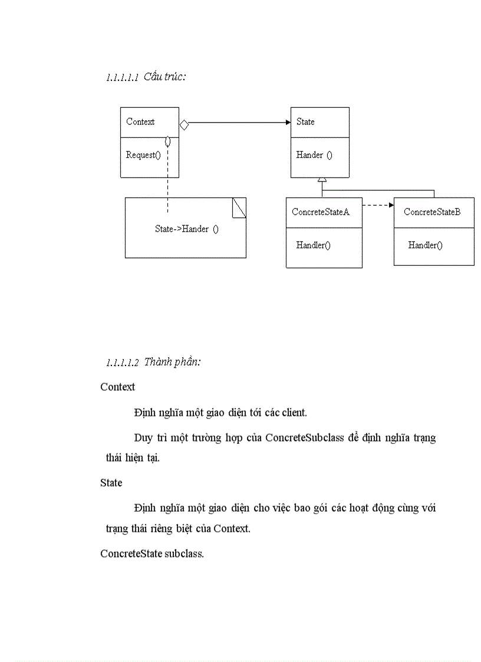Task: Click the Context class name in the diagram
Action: pyautogui.click(x=140, y=122)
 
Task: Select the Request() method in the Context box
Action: pyautogui.click(x=143, y=155)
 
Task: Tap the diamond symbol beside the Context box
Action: pyautogui.click(x=184, y=124)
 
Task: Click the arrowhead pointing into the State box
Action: pyautogui.click(x=288, y=123)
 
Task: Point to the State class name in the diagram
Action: pyautogui.click(x=305, y=122)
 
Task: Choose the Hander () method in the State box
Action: pyautogui.click(x=314, y=155)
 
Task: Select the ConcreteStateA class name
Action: pyautogui.click(x=321, y=212)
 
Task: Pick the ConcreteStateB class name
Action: pyautogui.click(x=432, y=212)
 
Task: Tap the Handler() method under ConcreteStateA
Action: pyautogui.click(x=313, y=245)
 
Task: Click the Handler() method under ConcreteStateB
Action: pyautogui.click(x=425, y=245)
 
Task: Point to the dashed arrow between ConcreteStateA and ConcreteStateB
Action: pyautogui.click(x=378, y=205)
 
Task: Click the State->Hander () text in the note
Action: pyautogui.click(x=186, y=229)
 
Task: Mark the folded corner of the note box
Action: pyautogui.click(x=239, y=207)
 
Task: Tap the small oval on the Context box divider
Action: pyautogui.click(x=168, y=141)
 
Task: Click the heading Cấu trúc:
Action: pyautogui.click(x=165, y=77)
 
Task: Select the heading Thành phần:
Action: pyautogui.click(x=172, y=362)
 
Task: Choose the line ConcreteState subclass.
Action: pyautogui.click(x=152, y=554)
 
